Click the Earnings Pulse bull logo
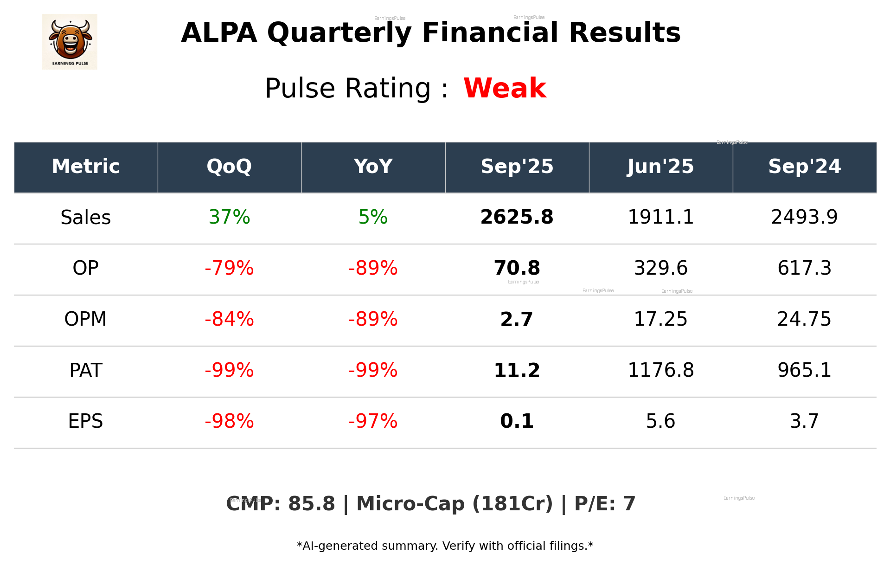tap(70, 41)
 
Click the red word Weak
tap(505, 88)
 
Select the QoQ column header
tap(229, 167)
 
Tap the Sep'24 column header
tap(804, 167)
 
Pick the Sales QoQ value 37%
tap(229, 217)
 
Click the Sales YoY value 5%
tap(373, 217)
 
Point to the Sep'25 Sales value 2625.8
tap(517, 217)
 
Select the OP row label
tap(86, 268)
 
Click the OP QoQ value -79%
tap(229, 268)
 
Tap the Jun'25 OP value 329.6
tap(660, 268)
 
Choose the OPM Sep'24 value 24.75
tap(804, 319)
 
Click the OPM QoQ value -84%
tap(229, 319)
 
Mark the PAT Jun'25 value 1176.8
tap(660, 370)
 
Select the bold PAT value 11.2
tap(517, 370)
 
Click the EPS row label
tap(86, 421)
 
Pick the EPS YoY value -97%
tap(373, 421)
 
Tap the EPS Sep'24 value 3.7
tap(804, 421)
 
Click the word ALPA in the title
tap(219, 33)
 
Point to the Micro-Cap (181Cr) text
tap(455, 504)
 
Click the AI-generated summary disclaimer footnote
tap(445, 546)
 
